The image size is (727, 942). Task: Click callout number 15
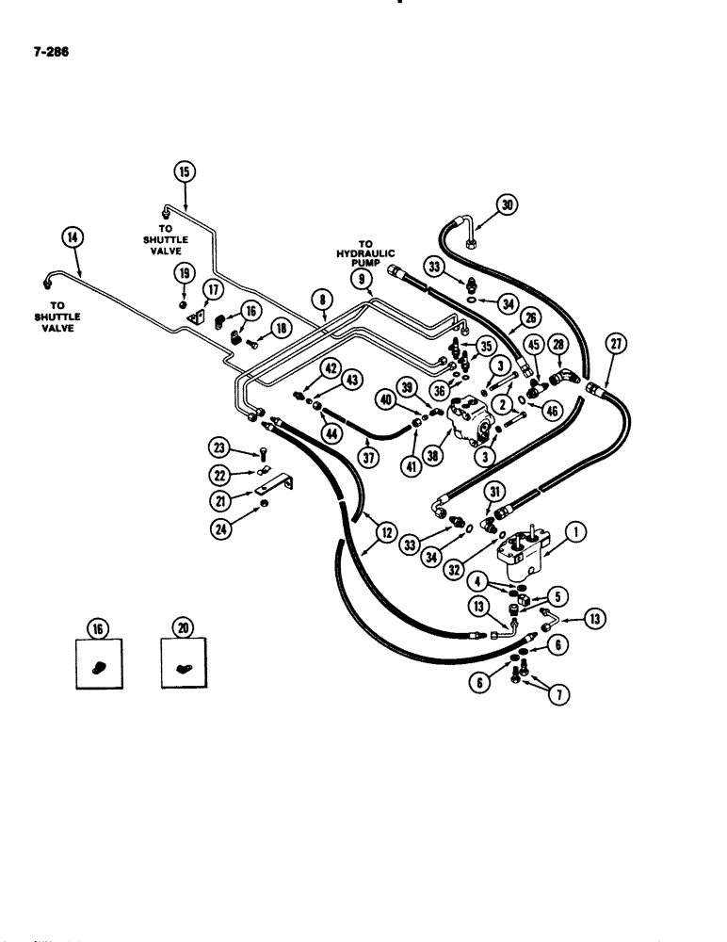coord(182,171)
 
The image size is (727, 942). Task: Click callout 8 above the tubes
coord(324,300)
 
